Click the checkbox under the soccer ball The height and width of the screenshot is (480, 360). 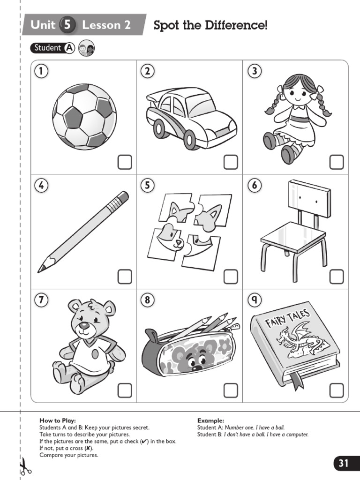124,162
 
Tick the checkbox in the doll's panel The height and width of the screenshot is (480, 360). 337,162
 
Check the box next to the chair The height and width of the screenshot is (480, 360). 337,277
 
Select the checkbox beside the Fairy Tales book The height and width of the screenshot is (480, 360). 337,390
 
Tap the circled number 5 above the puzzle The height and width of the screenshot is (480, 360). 147,186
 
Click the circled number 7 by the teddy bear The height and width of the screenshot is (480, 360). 41,300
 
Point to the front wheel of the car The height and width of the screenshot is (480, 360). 190,139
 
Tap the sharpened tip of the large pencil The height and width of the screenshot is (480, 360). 41,269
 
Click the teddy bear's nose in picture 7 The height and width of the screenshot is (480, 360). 83,325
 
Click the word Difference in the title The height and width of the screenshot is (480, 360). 236,25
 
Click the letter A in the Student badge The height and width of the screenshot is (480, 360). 69,48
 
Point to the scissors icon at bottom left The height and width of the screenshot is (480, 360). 23,466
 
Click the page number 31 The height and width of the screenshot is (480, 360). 344,463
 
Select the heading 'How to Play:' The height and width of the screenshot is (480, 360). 57,420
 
